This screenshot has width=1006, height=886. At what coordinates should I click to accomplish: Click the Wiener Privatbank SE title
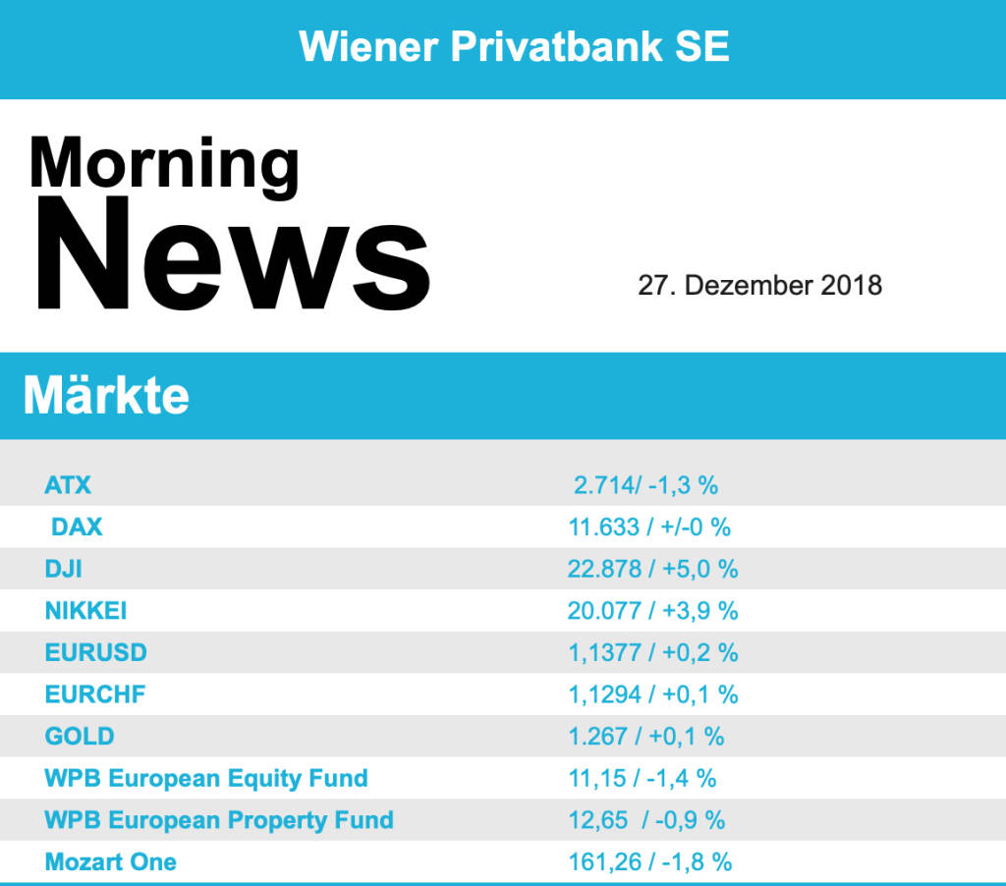pos(514,46)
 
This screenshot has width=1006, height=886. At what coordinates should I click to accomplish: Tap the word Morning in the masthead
pos(164,163)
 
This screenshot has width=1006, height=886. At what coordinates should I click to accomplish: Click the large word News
pos(234,254)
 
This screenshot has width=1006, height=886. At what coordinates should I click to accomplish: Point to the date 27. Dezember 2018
pos(759,286)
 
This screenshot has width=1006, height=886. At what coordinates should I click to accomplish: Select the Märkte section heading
pos(106,396)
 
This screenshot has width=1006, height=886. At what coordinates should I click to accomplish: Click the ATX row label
pos(68,484)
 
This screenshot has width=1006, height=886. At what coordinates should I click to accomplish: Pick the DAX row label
pos(77,526)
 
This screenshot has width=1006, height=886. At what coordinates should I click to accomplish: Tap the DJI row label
pos(64,569)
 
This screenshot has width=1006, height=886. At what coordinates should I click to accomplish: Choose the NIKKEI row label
pos(85,611)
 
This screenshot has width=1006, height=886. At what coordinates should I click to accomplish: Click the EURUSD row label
pos(95,652)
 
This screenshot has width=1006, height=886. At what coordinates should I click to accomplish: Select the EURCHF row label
pos(94,694)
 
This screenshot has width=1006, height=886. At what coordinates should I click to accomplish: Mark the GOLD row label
pos(80,736)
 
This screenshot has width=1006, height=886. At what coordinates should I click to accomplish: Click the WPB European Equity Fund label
pos(206,778)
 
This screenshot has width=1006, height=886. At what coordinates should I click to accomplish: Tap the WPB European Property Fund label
pos(219,820)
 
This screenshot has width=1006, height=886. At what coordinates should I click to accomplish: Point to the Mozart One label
pos(111,862)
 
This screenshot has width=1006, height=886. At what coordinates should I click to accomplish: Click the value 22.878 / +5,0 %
pos(652,569)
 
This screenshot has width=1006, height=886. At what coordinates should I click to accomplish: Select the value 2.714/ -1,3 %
pos(646,484)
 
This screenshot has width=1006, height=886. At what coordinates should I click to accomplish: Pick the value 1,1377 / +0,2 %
pos(652,652)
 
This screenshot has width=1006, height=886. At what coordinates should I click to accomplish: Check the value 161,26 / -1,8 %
pos(649,862)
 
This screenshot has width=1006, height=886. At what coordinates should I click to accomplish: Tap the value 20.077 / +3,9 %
pos(652,611)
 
